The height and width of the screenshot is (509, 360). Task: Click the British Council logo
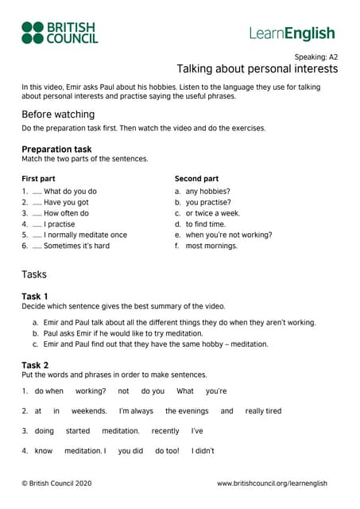pyautogui.click(x=60, y=33)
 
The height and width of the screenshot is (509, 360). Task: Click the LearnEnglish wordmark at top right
pyautogui.click(x=292, y=33)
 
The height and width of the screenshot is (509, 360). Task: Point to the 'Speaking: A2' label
pyautogui.click(x=315, y=57)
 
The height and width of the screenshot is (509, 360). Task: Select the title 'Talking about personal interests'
pyautogui.click(x=257, y=69)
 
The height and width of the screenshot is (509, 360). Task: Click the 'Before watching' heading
pyautogui.click(x=58, y=115)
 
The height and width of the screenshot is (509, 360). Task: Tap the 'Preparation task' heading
pyautogui.click(x=56, y=149)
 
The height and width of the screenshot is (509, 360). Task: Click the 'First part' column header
pyautogui.click(x=38, y=179)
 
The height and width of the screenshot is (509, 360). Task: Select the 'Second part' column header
pyautogui.click(x=196, y=179)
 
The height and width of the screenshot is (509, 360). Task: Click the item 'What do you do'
pyautogui.click(x=70, y=191)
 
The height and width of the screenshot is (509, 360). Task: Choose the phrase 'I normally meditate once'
pyautogui.click(x=85, y=235)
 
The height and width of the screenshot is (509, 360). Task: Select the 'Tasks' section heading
pyautogui.click(x=34, y=274)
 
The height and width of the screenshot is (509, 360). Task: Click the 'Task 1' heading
pyautogui.click(x=35, y=297)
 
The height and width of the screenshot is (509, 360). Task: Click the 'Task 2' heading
pyautogui.click(x=35, y=365)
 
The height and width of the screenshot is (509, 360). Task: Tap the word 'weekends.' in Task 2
pyautogui.click(x=89, y=411)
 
